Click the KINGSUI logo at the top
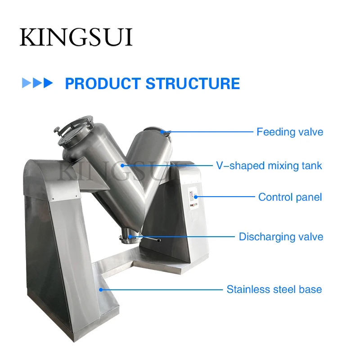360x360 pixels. tap(76, 37)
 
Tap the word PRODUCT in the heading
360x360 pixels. tap(103, 83)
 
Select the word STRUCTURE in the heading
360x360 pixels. tap(193, 83)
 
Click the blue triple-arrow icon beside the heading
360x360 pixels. tap(37, 83)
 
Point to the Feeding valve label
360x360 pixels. tap(290, 132)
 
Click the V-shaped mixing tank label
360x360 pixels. tap(269, 166)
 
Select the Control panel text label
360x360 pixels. tap(290, 197)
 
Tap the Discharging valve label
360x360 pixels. tap(281, 237)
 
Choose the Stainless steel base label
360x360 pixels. tap(274, 289)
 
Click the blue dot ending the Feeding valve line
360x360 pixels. tap(162, 132)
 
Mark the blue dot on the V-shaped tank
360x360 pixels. tap(122, 165)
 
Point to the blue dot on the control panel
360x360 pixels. tap(196, 197)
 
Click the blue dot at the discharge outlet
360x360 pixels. tap(130, 237)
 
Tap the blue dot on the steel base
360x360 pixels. tap(101, 290)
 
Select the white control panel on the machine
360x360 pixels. tap(193, 198)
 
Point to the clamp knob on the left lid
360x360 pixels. tap(57, 130)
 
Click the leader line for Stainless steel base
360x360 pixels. tap(162, 290)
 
